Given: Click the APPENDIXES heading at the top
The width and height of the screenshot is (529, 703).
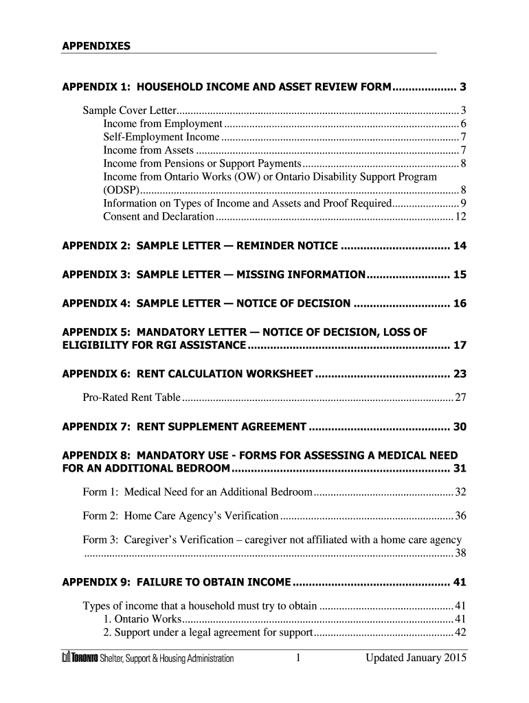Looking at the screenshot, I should click(95, 46).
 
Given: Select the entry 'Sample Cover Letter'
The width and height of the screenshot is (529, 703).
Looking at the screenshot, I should click(130, 111).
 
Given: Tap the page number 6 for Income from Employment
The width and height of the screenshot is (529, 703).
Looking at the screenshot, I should click(464, 124).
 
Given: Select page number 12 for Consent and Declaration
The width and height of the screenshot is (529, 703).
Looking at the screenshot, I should click(461, 217).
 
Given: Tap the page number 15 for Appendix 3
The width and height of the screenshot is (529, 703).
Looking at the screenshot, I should click(460, 275).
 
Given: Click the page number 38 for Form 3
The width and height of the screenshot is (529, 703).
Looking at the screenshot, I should click(461, 553).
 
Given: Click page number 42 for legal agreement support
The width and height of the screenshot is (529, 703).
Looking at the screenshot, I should click(461, 632).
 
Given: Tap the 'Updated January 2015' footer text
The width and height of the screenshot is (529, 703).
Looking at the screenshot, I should click(416, 658).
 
